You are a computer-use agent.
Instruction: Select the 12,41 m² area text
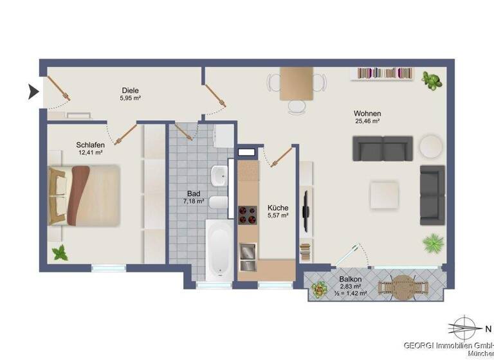[x=90, y=153]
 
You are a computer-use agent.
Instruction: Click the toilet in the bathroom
[x=219, y=205]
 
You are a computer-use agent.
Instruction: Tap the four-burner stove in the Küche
[x=248, y=215]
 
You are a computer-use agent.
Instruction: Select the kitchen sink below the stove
[x=248, y=257]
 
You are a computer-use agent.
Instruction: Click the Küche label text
[x=278, y=208]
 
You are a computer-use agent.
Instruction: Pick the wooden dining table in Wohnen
[x=296, y=84]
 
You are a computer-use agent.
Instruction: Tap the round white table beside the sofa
[x=431, y=146]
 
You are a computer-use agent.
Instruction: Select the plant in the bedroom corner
[x=60, y=253]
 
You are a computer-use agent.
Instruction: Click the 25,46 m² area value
[x=367, y=121]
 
